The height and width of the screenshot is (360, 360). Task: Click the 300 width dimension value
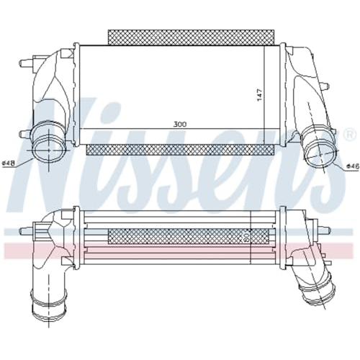coord(180,125)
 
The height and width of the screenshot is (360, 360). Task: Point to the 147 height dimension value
coord(260,95)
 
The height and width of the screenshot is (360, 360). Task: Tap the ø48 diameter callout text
coord(8,163)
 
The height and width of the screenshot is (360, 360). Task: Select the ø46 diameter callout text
coord(353,166)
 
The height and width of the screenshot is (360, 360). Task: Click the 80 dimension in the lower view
coord(246,238)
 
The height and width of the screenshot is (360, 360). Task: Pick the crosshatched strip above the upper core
coord(191,37)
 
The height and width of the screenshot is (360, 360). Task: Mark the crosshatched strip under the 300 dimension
coord(179,150)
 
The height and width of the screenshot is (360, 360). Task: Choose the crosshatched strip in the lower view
coord(189,236)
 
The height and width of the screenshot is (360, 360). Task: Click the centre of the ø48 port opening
coord(49,149)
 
